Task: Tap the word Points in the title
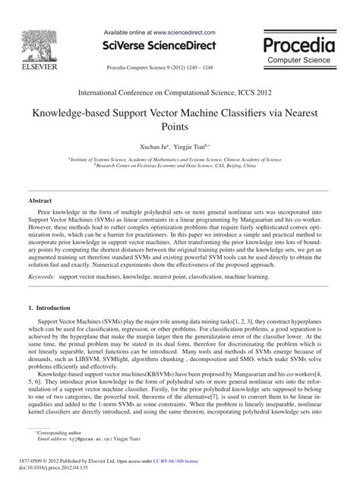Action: pos(180,133)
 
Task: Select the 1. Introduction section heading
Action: pos(54,331)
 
